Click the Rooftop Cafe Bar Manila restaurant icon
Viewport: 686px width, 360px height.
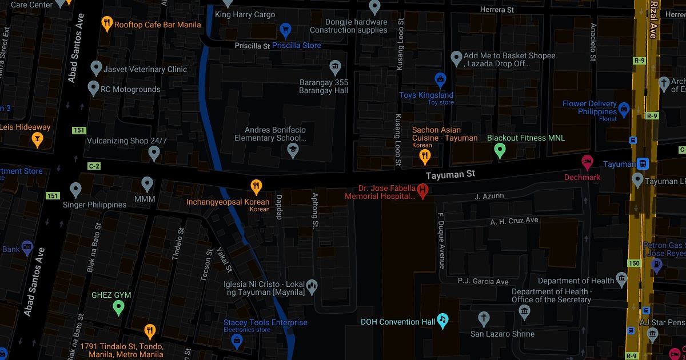106,23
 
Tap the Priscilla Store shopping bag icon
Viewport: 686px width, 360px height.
285,30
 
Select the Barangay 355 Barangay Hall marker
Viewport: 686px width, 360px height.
336,68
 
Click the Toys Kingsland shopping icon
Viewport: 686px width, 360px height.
440,80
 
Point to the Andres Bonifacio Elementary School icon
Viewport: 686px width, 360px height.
293,151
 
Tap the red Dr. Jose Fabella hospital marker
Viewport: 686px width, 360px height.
423,190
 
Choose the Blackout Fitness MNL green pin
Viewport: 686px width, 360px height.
500,150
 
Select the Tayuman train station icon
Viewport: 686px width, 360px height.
644,164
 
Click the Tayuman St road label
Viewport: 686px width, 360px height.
451,174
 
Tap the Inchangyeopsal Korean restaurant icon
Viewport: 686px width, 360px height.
257,186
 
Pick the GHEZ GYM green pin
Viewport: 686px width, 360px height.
118,308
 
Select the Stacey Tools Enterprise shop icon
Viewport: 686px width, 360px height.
236,341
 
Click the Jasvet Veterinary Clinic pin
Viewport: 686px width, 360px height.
96,69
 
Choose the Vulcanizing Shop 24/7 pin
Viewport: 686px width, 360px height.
153,153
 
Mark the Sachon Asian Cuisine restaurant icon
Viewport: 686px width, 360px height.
425,155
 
